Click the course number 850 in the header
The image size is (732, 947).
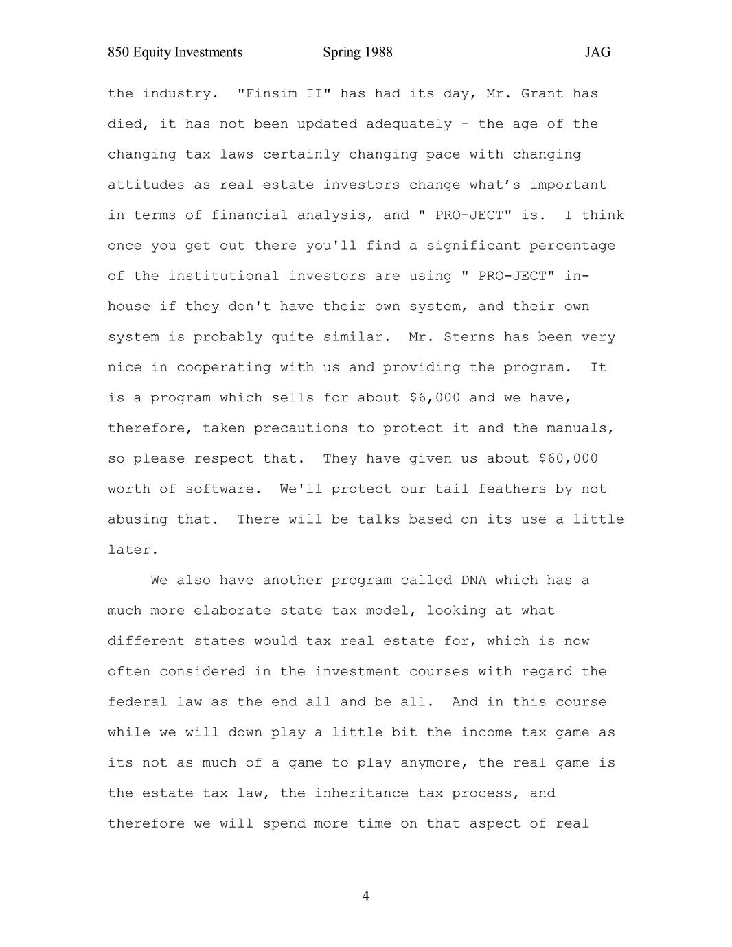pyautogui.click(x=118, y=53)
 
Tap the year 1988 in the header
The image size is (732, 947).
pyautogui.click(x=378, y=53)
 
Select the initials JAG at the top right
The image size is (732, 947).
pyautogui.click(x=597, y=53)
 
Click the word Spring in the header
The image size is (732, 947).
pyautogui.click(x=342, y=53)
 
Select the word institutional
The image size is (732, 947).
pyautogui.click(x=224, y=277)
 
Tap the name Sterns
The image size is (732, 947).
pyautogui.click(x=469, y=338)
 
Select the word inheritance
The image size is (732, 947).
pyautogui.click(x=362, y=793)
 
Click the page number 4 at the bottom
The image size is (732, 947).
pyautogui.click(x=365, y=896)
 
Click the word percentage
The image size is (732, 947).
pyautogui.click(x=572, y=246)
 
